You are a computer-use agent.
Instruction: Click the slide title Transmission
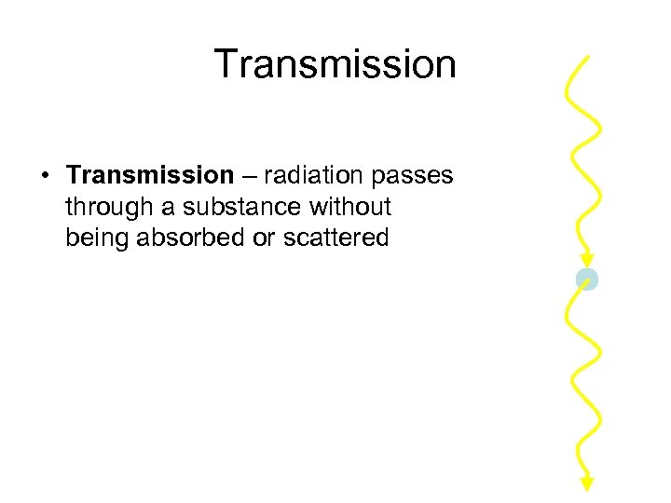[335, 64]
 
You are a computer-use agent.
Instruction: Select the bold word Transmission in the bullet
[150, 175]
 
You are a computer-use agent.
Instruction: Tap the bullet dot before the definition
[45, 176]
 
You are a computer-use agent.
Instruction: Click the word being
[98, 238]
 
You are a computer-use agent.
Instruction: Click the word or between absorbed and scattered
[264, 238]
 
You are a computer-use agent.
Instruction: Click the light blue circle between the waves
[586, 279]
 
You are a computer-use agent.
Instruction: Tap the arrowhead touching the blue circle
[585, 260]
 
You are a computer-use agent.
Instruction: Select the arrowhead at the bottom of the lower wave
[587, 483]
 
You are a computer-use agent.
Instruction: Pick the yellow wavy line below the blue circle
[584, 382]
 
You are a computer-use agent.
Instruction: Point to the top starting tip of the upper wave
[588, 58]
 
